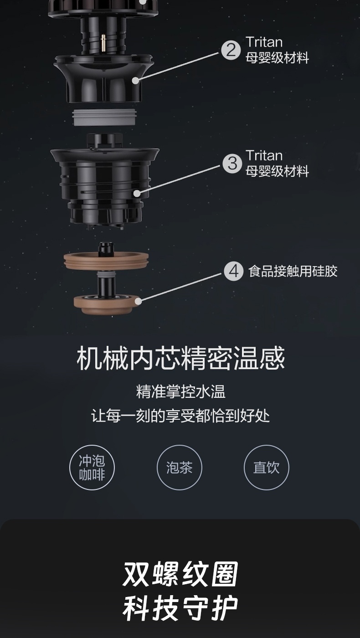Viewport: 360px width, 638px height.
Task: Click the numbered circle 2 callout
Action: tap(231, 50)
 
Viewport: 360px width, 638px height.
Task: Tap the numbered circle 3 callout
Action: tap(232, 164)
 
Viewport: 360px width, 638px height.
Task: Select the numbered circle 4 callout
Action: tap(233, 271)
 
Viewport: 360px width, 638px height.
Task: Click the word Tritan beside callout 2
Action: tap(264, 42)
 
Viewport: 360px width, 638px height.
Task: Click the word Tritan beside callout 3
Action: tap(264, 155)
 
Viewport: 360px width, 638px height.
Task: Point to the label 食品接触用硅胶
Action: tap(293, 271)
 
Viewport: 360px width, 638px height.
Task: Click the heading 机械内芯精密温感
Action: tap(180, 358)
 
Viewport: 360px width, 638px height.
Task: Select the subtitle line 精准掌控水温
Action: tap(181, 391)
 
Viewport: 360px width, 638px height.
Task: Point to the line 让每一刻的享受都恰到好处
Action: tap(180, 416)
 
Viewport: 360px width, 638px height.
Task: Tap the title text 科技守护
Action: tap(180, 608)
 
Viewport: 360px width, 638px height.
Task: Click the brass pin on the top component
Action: tap(103, 43)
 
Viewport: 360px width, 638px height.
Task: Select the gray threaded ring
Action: tap(104, 118)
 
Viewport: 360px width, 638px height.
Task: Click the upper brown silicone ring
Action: tap(106, 260)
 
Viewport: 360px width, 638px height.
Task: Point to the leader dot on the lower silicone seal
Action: tap(138, 301)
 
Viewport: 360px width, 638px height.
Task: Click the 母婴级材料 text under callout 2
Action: tap(278, 58)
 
